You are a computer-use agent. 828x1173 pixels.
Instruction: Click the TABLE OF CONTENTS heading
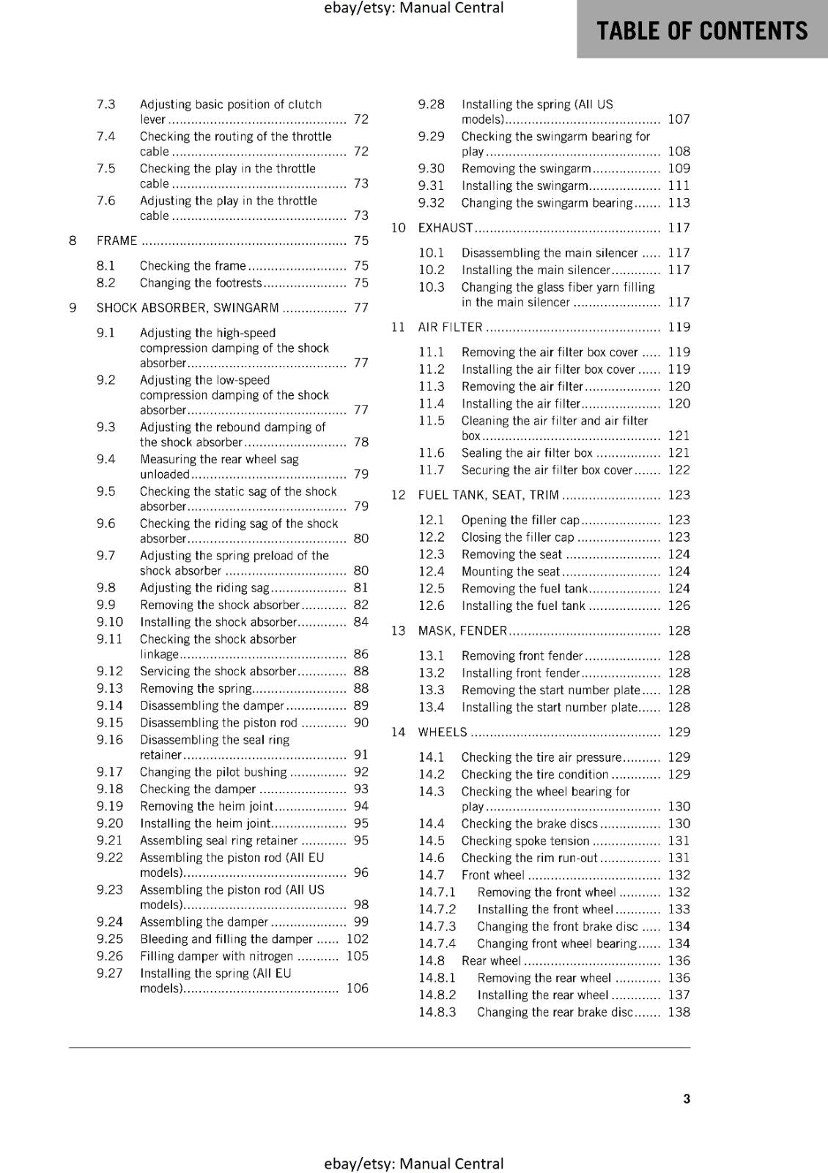[x=702, y=31]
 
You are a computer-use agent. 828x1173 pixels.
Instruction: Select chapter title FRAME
[x=117, y=240]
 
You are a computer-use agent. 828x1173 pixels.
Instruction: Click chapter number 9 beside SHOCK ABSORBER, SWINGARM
[x=73, y=308]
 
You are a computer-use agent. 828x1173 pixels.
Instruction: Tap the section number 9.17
[x=110, y=772]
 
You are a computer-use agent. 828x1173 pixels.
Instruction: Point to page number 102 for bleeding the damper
[x=358, y=939]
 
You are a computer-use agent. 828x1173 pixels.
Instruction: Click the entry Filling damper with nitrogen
[x=216, y=956]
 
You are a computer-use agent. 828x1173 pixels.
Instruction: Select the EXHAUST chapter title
[x=445, y=228]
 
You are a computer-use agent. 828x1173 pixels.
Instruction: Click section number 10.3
[x=432, y=287]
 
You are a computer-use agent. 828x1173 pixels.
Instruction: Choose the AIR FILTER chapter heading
[x=450, y=327]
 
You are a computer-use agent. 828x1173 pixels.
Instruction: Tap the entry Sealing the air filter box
[x=527, y=453]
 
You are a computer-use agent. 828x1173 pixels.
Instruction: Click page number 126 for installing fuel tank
[x=679, y=606]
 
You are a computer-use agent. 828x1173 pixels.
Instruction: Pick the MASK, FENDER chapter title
[x=462, y=630]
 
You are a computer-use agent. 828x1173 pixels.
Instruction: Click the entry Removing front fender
[x=522, y=656]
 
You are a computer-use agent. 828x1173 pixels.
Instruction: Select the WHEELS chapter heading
[x=442, y=732]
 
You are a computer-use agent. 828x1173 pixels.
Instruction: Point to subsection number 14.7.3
[x=437, y=927]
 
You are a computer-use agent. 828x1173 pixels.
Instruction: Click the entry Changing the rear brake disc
[x=555, y=1012]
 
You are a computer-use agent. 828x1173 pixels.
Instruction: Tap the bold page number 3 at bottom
[x=687, y=1099]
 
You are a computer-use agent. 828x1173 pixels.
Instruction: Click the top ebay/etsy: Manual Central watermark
[x=413, y=8]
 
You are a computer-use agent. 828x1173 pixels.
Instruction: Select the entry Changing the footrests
[x=200, y=283]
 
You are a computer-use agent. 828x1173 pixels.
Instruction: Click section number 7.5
[x=106, y=169]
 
